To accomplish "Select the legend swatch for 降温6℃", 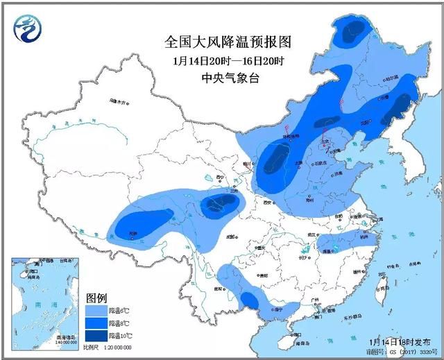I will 96,310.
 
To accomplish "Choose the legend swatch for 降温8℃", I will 96,323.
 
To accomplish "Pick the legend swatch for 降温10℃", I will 96,335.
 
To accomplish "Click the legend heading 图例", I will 97,298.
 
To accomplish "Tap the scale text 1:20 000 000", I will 117,347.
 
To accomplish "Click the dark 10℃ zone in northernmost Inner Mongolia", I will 352,30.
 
